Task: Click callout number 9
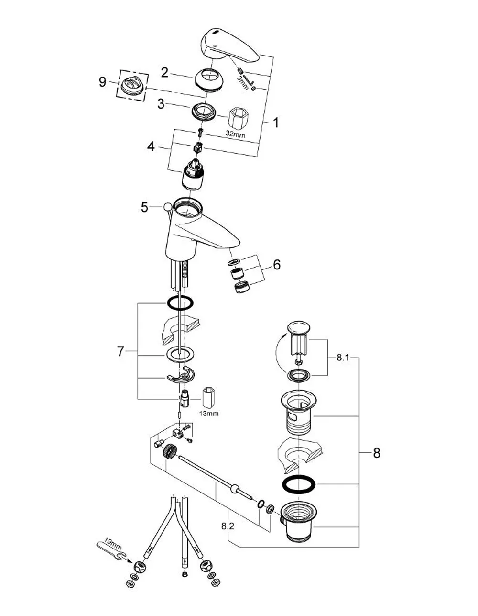[x=103, y=82]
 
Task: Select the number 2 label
[x=164, y=73]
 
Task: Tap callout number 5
[x=144, y=208]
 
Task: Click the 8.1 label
[x=343, y=358]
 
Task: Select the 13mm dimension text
[x=209, y=414]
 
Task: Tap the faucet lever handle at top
[x=230, y=46]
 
